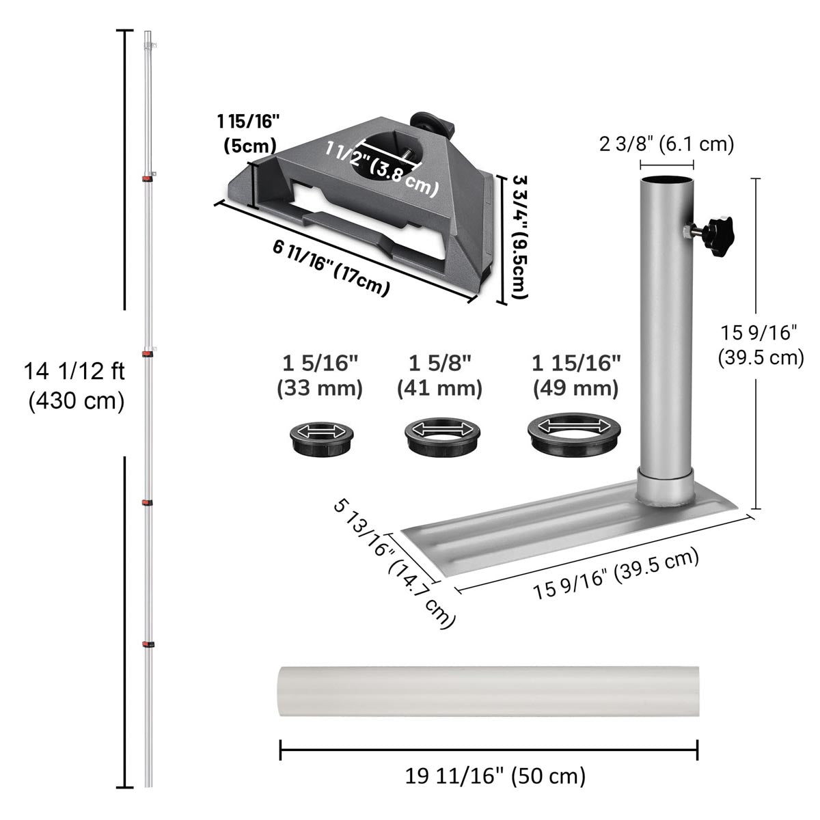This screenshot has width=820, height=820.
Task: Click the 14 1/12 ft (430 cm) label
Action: (74, 386)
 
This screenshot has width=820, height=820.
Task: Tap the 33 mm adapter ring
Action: (321, 439)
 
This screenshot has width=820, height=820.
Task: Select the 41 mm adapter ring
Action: (442, 437)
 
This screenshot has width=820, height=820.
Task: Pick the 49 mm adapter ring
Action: (573, 434)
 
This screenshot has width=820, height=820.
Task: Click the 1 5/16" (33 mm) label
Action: (320, 376)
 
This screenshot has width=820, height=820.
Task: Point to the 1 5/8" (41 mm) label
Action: (440, 376)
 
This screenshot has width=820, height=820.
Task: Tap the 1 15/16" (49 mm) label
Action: (576, 376)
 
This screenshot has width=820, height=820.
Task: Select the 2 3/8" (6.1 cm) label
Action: (666, 144)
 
